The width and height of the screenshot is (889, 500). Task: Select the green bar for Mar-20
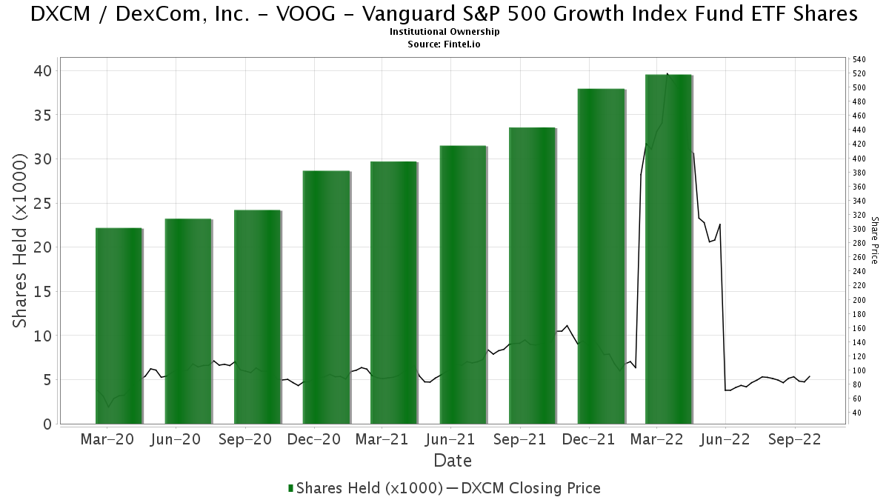119,326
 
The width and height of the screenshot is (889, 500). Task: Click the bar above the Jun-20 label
188,321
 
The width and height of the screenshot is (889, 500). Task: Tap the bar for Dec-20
326,297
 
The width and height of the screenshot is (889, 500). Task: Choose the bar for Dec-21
601,256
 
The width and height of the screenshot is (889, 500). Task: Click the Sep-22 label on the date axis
793,439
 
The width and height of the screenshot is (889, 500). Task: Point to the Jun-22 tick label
725,439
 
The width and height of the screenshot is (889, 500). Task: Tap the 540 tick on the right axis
859,59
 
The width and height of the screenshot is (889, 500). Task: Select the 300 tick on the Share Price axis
859,229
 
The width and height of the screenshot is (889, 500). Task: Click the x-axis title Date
453,461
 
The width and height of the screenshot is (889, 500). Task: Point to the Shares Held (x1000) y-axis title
21,241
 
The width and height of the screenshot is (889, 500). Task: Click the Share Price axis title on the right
875,240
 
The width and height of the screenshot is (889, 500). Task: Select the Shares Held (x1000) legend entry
364,488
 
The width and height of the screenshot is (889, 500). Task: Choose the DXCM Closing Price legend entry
523,488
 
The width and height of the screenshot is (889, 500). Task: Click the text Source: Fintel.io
444,44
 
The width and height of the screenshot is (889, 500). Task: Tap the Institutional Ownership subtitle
444,32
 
